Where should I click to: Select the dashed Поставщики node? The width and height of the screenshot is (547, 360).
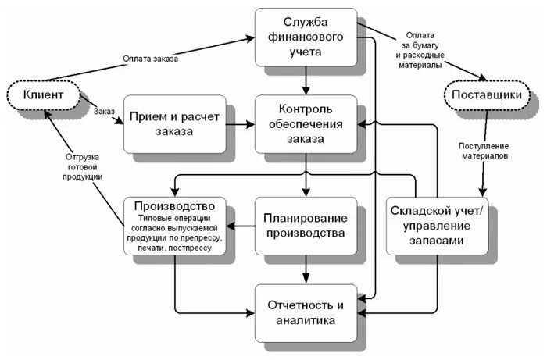click(x=492, y=96)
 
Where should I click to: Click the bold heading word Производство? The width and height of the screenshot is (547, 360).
click(x=174, y=206)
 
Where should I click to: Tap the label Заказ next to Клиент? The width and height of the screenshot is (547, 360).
click(x=105, y=111)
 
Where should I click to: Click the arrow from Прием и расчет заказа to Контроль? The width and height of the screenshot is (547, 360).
click(x=240, y=123)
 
